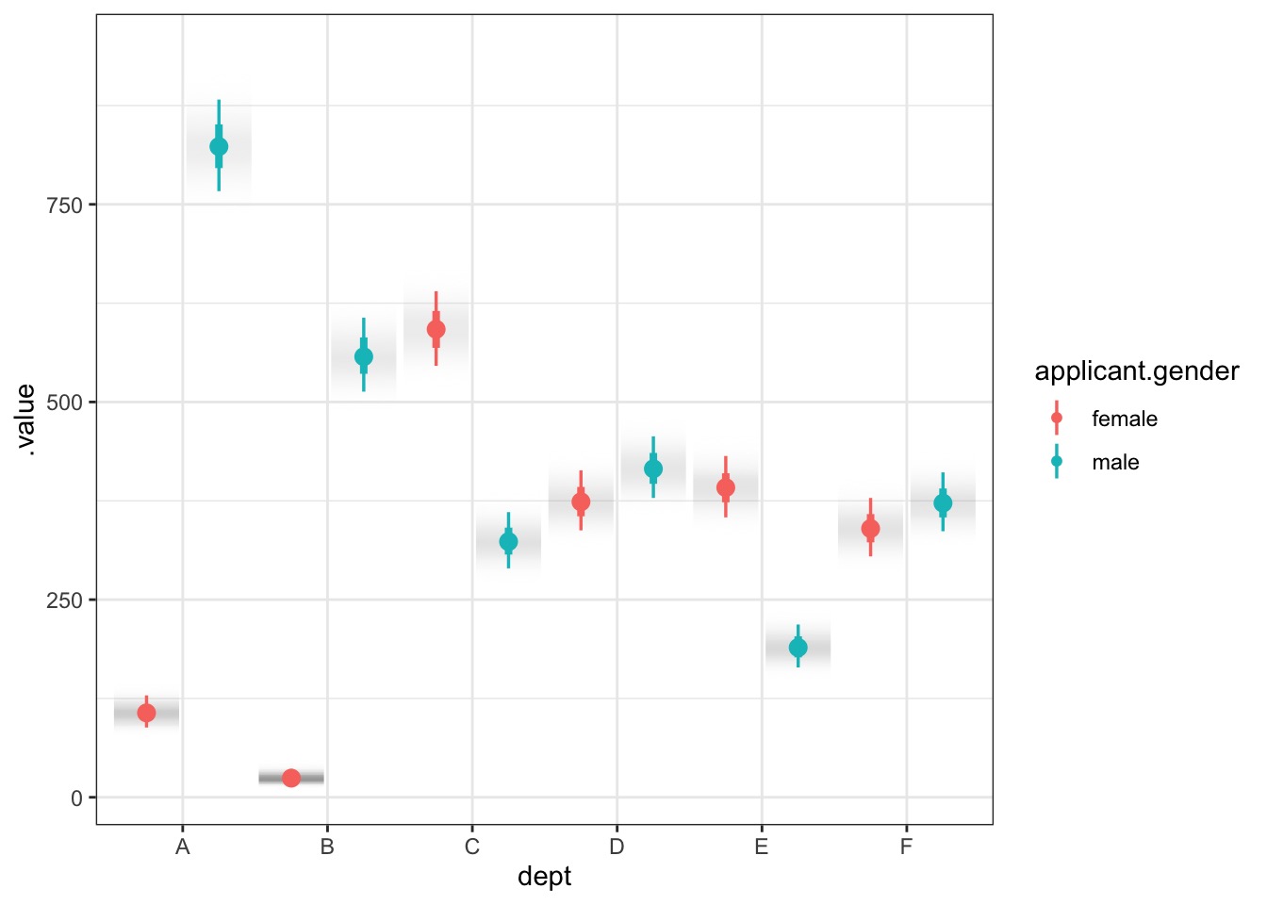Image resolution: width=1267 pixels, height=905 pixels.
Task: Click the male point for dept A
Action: (x=219, y=146)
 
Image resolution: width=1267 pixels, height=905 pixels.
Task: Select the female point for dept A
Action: (x=146, y=713)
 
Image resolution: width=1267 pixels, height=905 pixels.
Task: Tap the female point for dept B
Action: (x=291, y=778)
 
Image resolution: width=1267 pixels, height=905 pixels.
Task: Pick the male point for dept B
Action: (x=364, y=356)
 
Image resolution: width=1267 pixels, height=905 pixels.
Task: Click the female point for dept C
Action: (x=436, y=329)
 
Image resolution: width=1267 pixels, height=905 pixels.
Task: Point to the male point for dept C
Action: (x=508, y=542)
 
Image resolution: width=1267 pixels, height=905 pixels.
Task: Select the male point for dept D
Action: (x=653, y=469)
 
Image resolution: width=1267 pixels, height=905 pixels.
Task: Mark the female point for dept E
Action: (x=726, y=487)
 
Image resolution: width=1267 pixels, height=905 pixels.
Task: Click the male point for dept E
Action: (x=798, y=648)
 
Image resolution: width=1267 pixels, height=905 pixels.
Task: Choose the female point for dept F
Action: (x=870, y=529)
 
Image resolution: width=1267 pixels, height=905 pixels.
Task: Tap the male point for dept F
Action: (x=943, y=503)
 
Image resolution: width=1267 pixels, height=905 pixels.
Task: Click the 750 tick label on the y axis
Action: (x=65, y=206)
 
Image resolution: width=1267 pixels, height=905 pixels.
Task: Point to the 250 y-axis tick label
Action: (x=65, y=601)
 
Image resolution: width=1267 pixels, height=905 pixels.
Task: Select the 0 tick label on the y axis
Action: (x=76, y=798)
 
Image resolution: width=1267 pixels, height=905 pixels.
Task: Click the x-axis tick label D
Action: (x=617, y=847)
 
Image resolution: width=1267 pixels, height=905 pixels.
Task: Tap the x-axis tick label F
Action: (x=906, y=847)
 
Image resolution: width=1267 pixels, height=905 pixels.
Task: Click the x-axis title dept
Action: (x=544, y=877)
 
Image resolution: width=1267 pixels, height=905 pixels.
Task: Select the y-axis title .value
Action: (x=25, y=420)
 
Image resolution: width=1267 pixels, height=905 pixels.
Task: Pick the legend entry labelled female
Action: (x=1124, y=419)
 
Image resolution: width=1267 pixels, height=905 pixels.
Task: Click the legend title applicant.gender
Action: (x=1136, y=371)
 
